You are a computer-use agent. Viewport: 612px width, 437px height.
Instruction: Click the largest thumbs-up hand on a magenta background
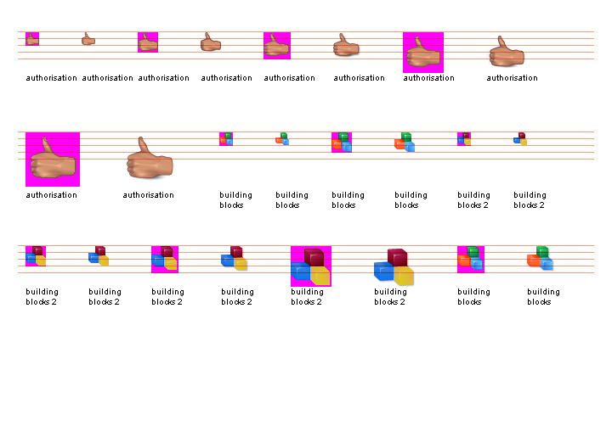(53, 159)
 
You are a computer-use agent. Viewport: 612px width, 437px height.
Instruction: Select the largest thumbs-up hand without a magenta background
(150, 160)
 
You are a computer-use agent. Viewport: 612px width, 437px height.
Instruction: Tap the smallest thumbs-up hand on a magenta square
(32, 39)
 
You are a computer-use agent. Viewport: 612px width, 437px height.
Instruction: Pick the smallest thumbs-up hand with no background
(88, 39)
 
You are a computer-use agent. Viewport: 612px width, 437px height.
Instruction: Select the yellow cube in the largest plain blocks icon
(403, 275)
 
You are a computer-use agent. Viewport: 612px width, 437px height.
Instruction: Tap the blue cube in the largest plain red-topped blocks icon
(383, 272)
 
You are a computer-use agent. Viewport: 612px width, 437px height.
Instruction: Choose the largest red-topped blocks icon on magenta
(311, 266)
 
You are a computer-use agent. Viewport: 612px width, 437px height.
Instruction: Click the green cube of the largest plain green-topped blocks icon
(542, 251)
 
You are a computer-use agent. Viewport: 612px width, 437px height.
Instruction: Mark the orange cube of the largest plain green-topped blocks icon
(534, 260)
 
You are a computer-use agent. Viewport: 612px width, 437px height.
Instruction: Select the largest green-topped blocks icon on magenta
(471, 259)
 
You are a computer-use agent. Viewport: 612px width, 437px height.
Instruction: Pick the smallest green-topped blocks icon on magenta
(226, 139)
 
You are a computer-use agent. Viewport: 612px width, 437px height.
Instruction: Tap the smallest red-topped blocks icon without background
(520, 138)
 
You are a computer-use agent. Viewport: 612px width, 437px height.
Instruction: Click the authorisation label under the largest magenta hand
(51, 195)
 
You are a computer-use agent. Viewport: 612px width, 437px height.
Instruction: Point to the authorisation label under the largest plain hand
(148, 195)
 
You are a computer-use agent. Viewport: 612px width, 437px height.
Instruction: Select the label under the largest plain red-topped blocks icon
(390, 297)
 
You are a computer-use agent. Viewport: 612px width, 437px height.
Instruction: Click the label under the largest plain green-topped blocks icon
(543, 297)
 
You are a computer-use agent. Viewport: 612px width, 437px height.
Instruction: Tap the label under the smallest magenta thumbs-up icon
(51, 78)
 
